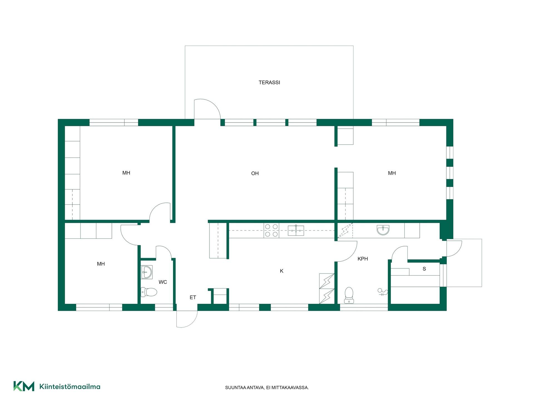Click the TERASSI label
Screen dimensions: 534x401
click(x=269, y=82)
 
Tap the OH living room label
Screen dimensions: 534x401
click(x=255, y=173)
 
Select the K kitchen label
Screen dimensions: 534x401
click(x=281, y=271)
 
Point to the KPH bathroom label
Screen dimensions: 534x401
click(x=363, y=259)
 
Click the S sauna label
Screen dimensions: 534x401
click(x=424, y=269)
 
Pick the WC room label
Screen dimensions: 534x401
click(x=163, y=282)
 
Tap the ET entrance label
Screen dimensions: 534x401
click(x=193, y=297)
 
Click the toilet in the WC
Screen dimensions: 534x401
click(x=149, y=292)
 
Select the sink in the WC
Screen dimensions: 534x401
click(x=147, y=272)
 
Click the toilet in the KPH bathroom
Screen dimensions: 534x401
click(x=349, y=295)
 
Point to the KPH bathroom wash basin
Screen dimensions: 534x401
click(x=383, y=230)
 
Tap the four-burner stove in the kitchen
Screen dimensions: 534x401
click(x=271, y=231)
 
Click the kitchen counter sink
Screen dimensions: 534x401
click(x=296, y=231)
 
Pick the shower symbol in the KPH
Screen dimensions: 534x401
click(x=383, y=292)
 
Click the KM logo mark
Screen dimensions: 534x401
click(x=24, y=386)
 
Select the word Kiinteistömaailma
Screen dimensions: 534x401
click(x=70, y=387)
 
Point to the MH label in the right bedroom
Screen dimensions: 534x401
click(x=392, y=173)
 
